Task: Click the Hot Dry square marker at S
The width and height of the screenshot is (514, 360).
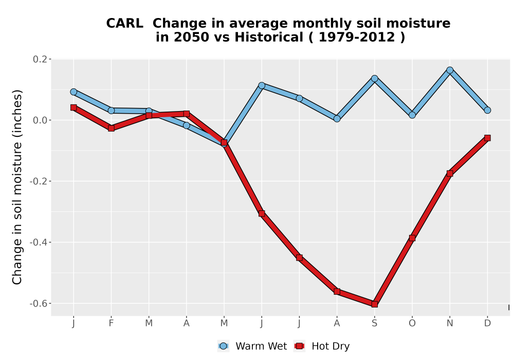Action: click(x=374, y=304)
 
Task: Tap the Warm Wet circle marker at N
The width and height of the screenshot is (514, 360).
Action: click(x=450, y=70)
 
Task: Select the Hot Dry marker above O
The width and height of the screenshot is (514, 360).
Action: click(x=412, y=238)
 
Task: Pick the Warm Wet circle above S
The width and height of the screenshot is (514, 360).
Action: click(x=374, y=78)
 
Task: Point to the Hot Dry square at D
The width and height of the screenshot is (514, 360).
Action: click(x=487, y=138)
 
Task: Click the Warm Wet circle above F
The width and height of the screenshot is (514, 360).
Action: click(x=111, y=111)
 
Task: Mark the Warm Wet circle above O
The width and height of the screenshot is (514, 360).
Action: click(x=412, y=115)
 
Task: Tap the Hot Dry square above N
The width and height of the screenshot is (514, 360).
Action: click(x=450, y=173)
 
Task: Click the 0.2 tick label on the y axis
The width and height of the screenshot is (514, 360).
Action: click(x=40, y=59)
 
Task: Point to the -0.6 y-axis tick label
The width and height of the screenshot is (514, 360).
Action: click(x=39, y=303)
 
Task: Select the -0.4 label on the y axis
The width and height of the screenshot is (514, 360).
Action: click(x=39, y=243)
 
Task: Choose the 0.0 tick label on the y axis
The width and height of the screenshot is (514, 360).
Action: click(x=40, y=120)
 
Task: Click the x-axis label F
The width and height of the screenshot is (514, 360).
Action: click(x=111, y=323)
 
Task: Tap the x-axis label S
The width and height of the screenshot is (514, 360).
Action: click(x=374, y=323)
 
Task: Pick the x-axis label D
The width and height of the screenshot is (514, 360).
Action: click(x=487, y=323)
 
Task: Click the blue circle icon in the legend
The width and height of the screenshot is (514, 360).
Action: click(x=223, y=346)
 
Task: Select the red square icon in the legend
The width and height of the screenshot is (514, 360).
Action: click(x=299, y=346)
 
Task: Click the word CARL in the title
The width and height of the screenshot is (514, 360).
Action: click(x=124, y=24)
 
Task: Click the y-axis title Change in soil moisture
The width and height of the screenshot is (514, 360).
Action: click(x=17, y=187)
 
